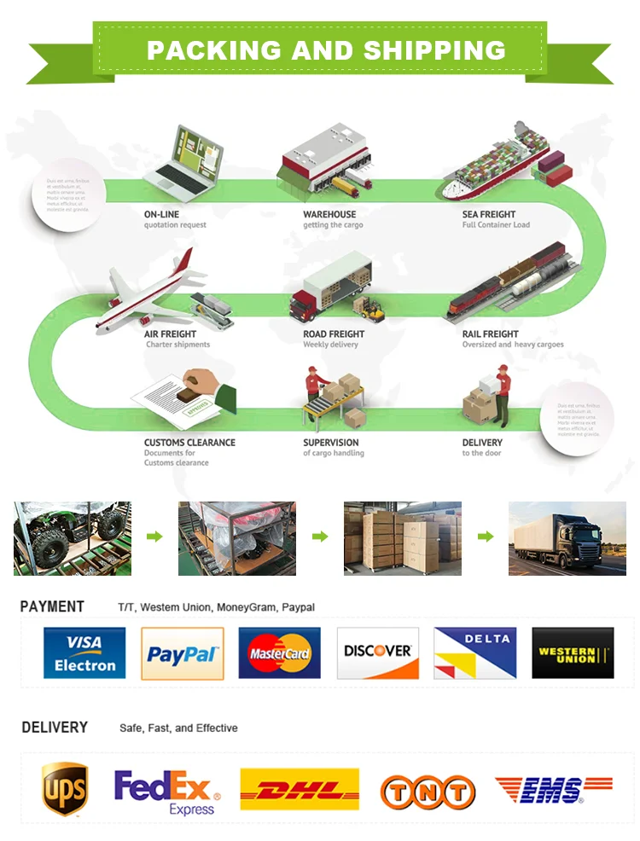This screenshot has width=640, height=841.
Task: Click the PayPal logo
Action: [182, 653]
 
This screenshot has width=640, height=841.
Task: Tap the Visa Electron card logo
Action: [84, 653]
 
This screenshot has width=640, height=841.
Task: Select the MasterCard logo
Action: [279, 653]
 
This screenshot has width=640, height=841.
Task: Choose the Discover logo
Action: [377, 653]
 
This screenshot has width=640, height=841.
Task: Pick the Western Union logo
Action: [573, 653]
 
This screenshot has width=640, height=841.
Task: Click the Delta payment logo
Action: [474, 653]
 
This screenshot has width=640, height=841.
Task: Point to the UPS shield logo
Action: [65, 789]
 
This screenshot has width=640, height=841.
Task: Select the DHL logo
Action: [300, 790]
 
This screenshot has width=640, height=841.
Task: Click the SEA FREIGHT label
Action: [489, 214]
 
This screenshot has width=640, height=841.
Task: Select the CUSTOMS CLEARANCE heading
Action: [189, 443]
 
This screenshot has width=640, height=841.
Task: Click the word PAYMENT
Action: [52, 607]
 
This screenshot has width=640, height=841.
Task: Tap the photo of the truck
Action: [567, 538]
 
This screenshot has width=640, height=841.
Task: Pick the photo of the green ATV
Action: [73, 538]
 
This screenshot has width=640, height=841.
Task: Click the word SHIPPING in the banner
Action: [435, 50]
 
